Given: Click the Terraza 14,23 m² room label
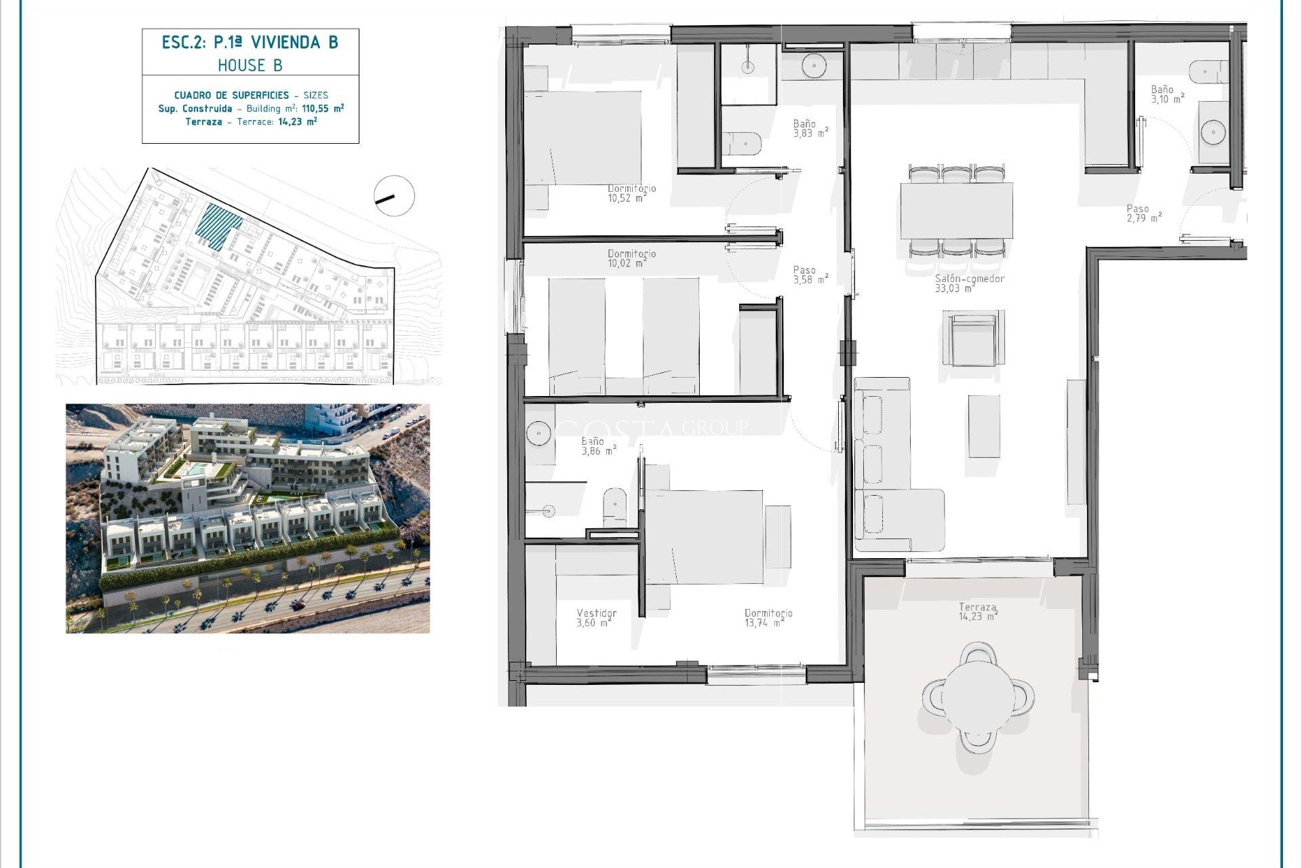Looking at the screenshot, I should (x=978, y=612).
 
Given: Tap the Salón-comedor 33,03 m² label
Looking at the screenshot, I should (x=969, y=283).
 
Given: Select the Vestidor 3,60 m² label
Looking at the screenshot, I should (x=596, y=618).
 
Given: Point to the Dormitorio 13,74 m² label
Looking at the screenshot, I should (x=768, y=618).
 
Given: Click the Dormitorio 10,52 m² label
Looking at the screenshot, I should (x=631, y=193).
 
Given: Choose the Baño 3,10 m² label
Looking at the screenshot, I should (x=1167, y=94).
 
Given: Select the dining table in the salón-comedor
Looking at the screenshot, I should (x=956, y=210).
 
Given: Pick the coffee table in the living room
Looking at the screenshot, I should (x=983, y=427).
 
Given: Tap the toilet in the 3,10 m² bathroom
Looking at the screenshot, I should (x=1208, y=71).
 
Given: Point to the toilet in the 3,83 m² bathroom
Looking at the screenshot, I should (x=743, y=144).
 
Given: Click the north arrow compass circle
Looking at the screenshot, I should (x=394, y=196).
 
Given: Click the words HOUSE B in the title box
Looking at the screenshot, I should (x=250, y=66).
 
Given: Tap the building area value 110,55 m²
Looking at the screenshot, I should (x=323, y=108).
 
